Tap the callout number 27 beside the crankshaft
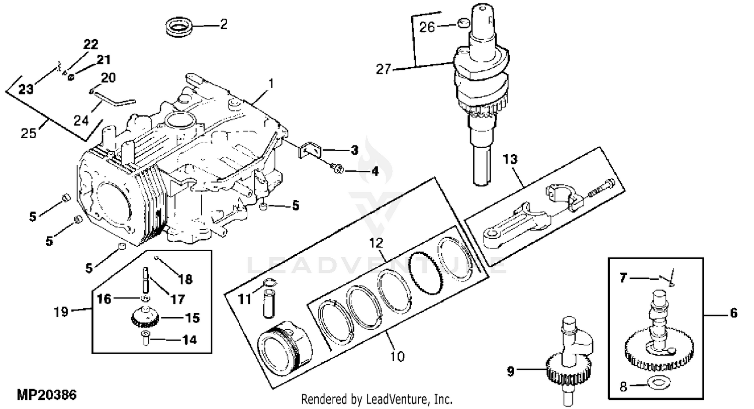click(x=384, y=69)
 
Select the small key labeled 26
click(x=463, y=23)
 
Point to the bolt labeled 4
click(x=337, y=168)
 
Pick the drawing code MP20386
click(x=47, y=394)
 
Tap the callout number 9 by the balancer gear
click(x=511, y=371)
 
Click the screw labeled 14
click(x=145, y=338)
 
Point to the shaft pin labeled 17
click(x=145, y=279)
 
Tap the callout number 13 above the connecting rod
click(x=510, y=159)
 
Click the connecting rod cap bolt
click(x=602, y=189)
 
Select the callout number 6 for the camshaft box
click(x=734, y=313)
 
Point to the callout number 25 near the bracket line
click(x=28, y=133)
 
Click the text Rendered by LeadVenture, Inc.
click(x=376, y=399)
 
